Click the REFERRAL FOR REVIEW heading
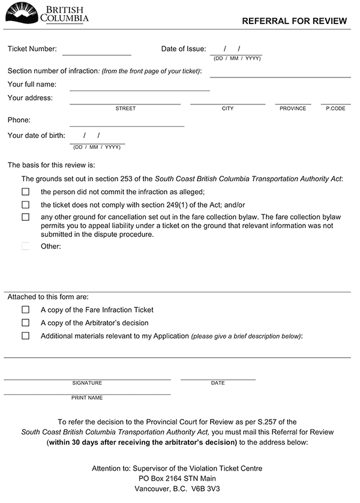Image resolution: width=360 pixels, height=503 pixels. tap(294, 21)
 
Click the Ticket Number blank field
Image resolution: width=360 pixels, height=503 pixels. tap(97, 50)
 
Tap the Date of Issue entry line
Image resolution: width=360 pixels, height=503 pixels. tap(236, 50)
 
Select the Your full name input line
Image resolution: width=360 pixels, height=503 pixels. tap(140, 85)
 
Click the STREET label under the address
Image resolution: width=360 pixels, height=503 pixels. tap(125, 109)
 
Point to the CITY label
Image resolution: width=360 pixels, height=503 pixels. tap(227, 109)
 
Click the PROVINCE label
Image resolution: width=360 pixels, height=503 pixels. tap(293, 109)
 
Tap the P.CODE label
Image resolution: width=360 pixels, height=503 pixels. tap(335, 109)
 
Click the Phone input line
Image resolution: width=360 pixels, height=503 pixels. tap(127, 122)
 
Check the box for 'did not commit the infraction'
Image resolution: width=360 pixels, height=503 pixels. tap(25, 192)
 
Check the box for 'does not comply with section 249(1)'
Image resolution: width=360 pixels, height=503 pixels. tap(25, 205)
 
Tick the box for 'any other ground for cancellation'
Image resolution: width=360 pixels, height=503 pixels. tap(25, 217)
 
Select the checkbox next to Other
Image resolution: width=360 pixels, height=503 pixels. tap(25, 246)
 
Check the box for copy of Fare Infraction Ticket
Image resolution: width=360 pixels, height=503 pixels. tap(25, 310)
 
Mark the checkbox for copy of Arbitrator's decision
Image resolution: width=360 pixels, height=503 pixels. tap(25, 323)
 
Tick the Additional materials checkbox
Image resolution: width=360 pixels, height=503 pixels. tap(25, 336)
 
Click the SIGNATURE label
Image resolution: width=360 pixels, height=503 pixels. tap(87, 383)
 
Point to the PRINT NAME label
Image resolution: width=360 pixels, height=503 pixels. tap(87, 398)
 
